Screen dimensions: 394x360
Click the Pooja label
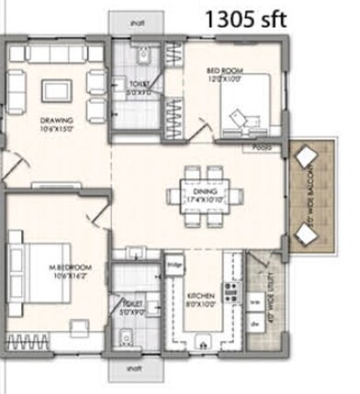pyautogui.click(x=262, y=147)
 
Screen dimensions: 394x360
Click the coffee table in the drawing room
pyautogui.click(x=56, y=90)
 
